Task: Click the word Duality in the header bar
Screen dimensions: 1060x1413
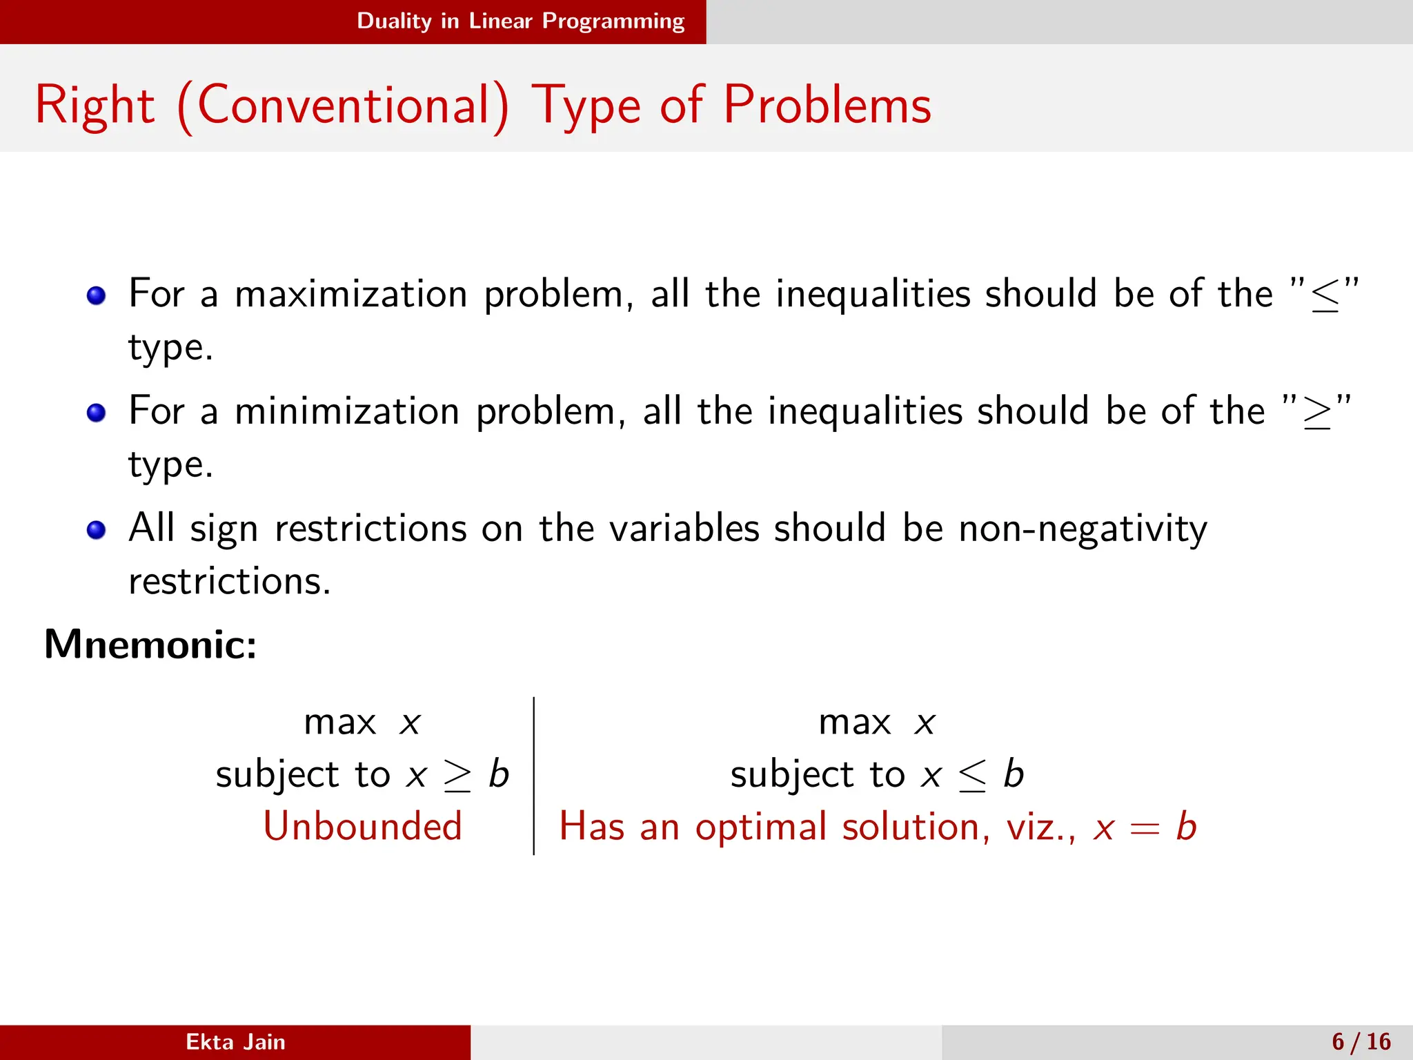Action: click(x=394, y=21)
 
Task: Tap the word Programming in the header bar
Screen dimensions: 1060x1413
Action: click(x=613, y=21)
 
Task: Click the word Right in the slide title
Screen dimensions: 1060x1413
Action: click(x=95, y=105)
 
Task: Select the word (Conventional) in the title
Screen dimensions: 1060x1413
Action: click(x=343, y=105)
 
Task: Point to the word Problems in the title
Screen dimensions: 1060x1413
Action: click(x=827, y=105)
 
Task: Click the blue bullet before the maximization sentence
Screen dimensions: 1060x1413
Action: click(x=96, y=296)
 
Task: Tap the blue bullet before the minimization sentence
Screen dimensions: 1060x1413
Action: click(x=96, y=413)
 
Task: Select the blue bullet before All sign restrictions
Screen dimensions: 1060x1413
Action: click(x=96, y=530)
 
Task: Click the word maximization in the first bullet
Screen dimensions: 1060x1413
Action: click(x=350, y=294)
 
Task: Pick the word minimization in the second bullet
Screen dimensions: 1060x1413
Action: click(x=346, y=411)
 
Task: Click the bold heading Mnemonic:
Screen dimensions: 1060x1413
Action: click(x=150, y=645)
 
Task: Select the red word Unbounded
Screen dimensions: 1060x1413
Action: click(x=362, y=826)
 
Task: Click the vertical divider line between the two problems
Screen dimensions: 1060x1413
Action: click(x=534, y=776)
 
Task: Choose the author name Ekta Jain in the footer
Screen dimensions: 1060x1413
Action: click(x=235, y=1042)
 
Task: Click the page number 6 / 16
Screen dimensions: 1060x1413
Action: click(x=1361, y=1042)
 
